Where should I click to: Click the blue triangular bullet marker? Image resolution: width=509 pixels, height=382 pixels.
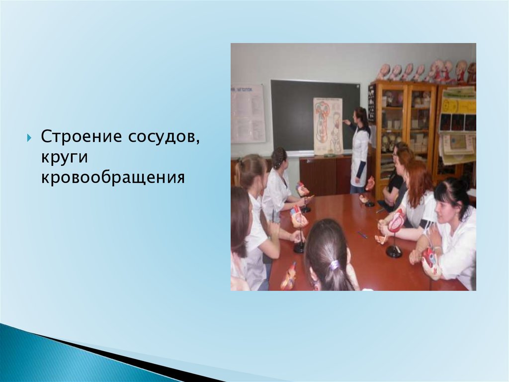pyautogui.click(x=29, y=137)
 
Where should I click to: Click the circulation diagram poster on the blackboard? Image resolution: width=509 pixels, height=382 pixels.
pyautogui.click(x=328, y=126)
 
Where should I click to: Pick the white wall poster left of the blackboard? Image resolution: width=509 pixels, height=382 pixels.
pyautogui.click(x=248, y=114)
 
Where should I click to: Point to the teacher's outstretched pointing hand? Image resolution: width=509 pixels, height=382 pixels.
pyautogui.click(x=346, y=122)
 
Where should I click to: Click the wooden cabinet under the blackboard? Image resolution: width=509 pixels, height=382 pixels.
pyautogui.click(x=325, y=176)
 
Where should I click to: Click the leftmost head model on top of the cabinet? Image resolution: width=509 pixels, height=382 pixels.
pyautogui.click(x=385, y=72)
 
